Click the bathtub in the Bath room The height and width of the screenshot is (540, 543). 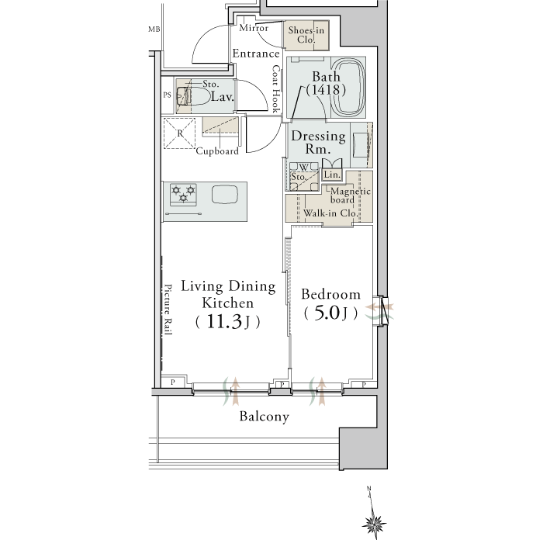(348, 87)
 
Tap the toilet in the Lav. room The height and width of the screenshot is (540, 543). (193, 96)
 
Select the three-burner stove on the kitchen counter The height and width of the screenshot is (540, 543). (183, 195)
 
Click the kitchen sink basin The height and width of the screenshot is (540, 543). (225, 194)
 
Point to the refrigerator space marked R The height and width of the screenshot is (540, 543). (179, 133)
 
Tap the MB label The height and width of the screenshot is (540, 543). (154, 29)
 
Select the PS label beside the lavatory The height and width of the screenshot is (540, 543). (168, 95)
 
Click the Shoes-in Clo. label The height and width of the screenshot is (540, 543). (306, 35)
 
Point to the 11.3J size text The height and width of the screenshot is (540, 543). (227, 322)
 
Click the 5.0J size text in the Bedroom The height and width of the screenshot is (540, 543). (330, 313)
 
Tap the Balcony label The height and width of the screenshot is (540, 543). (264, 417)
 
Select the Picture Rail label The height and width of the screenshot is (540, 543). (168, 310)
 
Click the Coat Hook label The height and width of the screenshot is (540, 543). (276, 89)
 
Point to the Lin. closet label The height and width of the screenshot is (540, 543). (332, 175)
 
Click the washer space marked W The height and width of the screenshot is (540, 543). (303, 168)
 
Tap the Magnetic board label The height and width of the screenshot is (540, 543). (350, 196)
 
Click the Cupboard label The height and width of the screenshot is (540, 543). (217, 151)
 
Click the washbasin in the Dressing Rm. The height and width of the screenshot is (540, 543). (361, 146)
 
